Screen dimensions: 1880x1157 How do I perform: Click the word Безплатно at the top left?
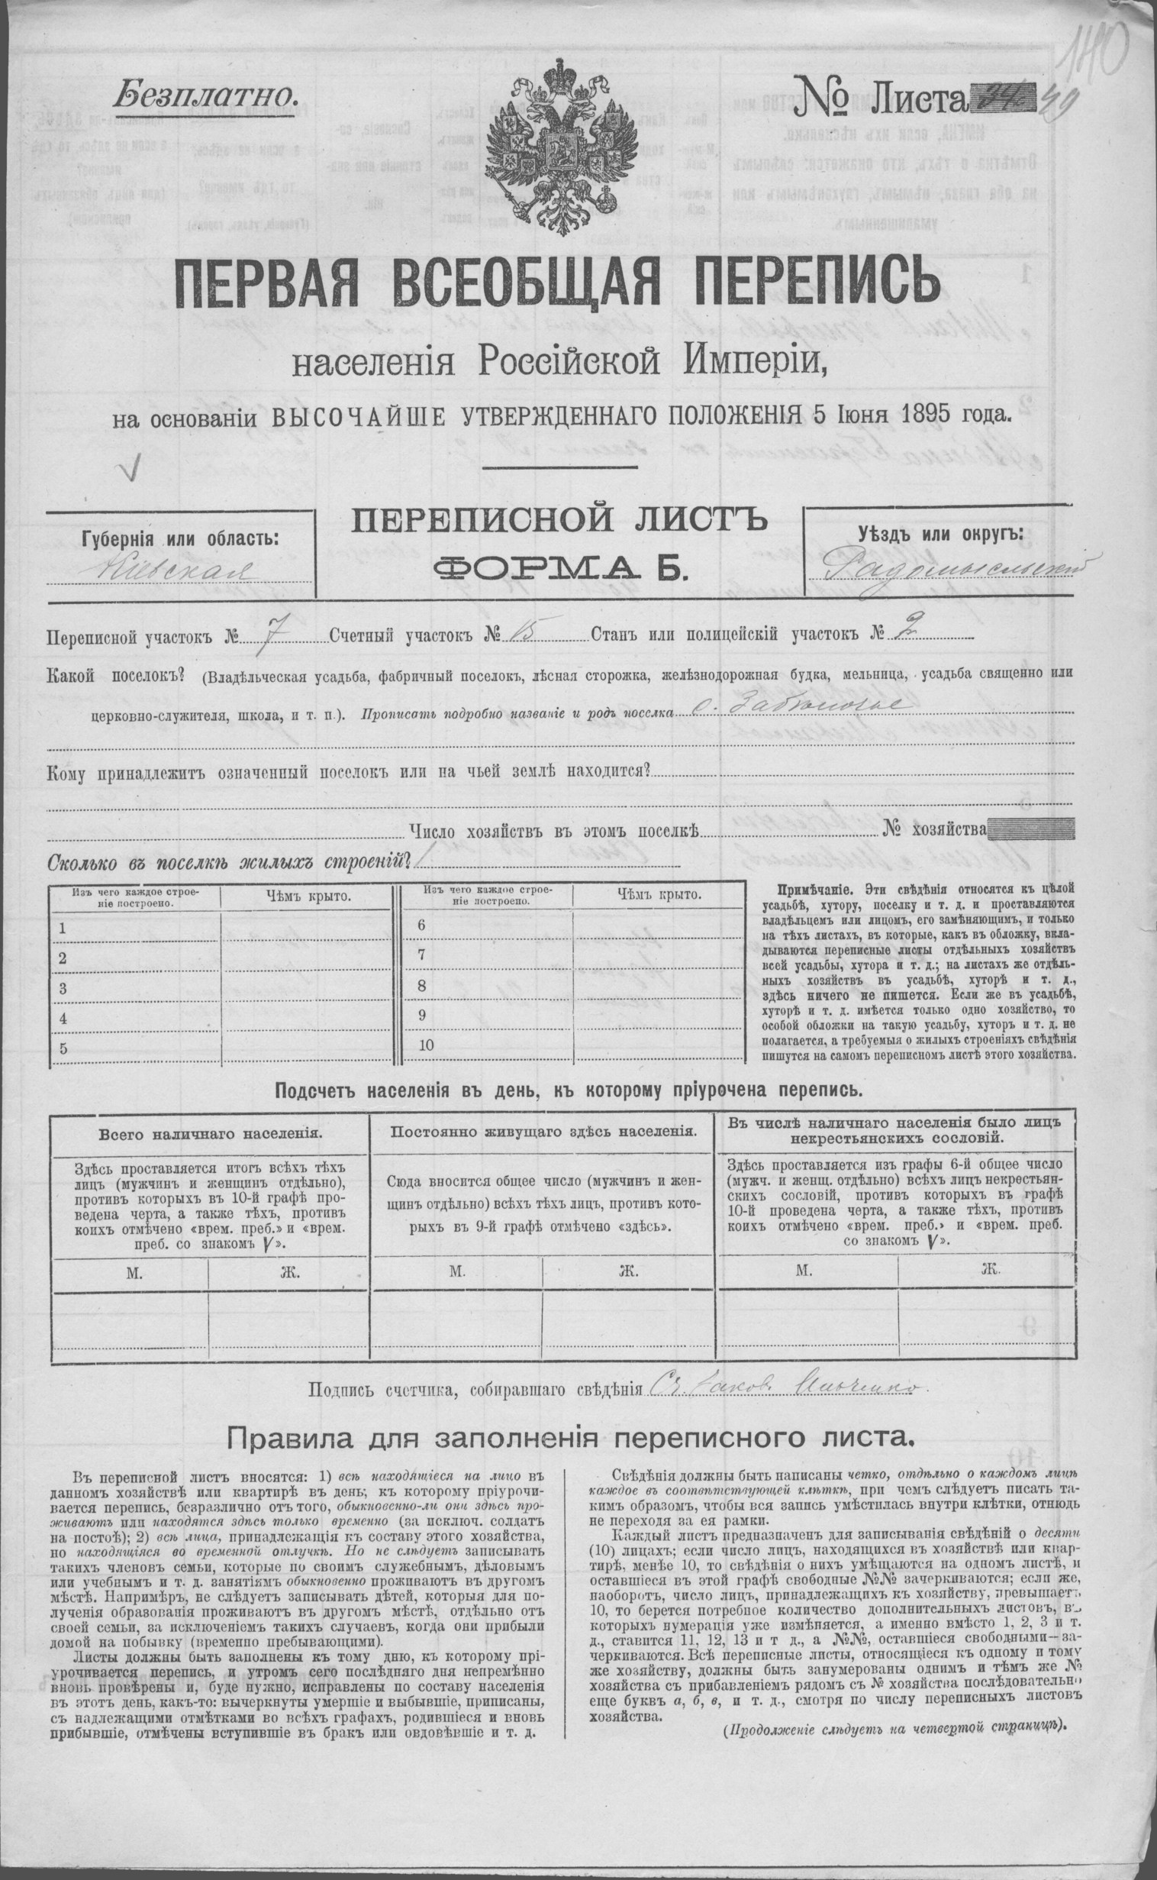[205, 95]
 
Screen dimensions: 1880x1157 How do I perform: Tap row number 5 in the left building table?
[63, 1048]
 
